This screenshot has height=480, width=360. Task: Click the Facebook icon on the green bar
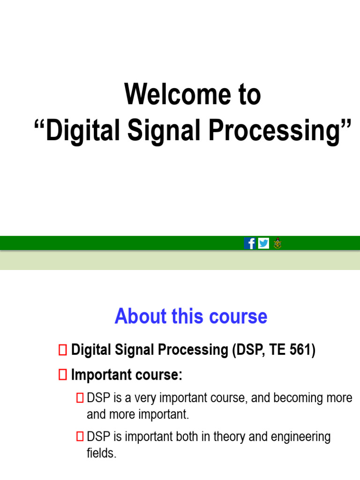[250, 243]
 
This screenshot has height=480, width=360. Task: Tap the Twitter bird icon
[263, 243]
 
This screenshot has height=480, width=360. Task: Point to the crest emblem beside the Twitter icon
[277, 243]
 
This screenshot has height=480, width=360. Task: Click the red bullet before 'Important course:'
[63, 375]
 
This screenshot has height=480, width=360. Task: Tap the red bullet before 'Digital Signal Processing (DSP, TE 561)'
[63, 350]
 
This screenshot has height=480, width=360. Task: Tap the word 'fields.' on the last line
[101, 453]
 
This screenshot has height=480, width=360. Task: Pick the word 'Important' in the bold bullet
[97, 375]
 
